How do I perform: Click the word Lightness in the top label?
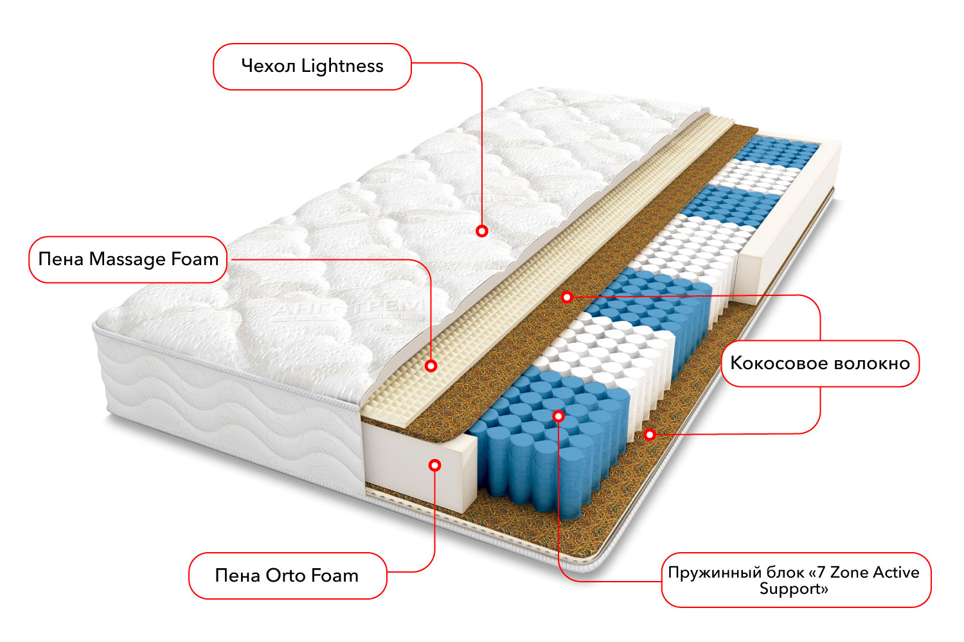(343, 66)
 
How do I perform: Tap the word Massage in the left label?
(127, 259)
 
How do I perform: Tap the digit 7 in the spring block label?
(821, 572)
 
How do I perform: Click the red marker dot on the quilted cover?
(482, 230)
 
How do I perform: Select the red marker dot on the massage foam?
(431, 365)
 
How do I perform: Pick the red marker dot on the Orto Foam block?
(435, 465)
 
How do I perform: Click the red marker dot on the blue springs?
(558, 416)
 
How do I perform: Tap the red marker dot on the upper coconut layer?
(567, 297)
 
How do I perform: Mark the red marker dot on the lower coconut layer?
(650, 435)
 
